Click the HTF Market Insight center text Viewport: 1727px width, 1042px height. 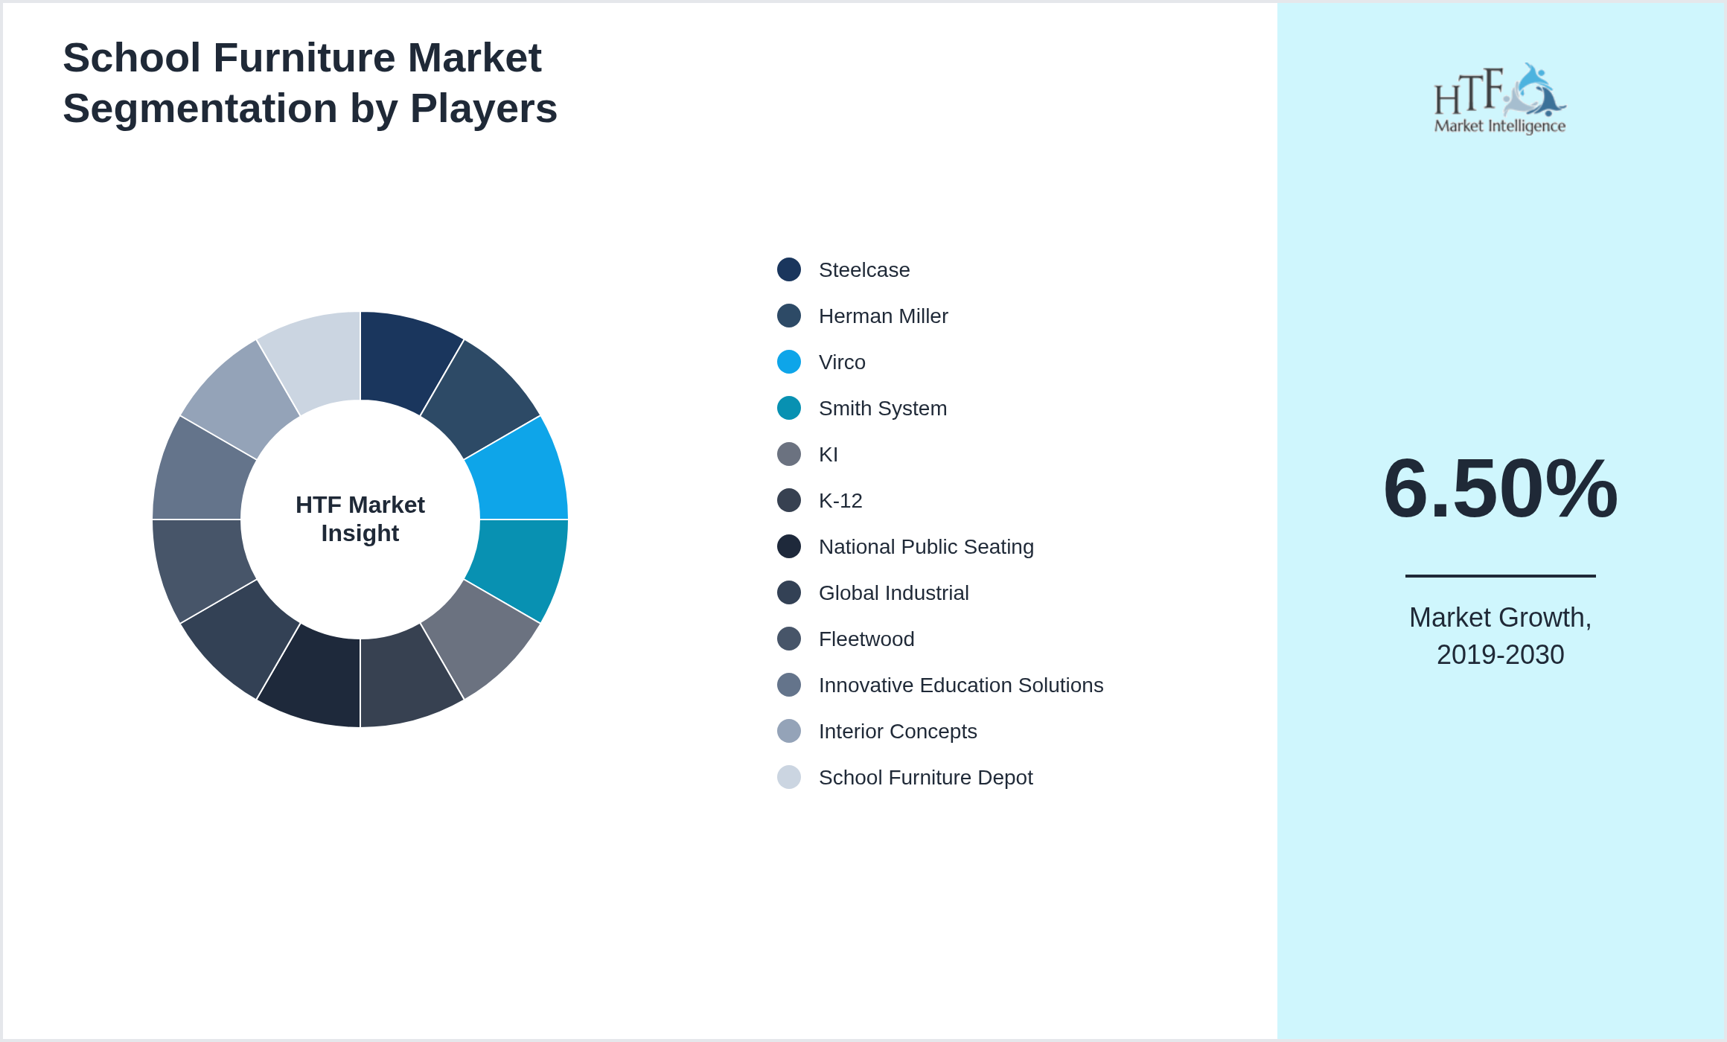(360, 519)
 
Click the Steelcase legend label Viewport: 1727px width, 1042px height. (863, 270)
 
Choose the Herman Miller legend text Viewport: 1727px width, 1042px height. (883, 316)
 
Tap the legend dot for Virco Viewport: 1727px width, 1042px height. (789, 362)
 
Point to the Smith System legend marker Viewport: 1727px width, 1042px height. (789, 409)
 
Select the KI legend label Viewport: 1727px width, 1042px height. (828, 455)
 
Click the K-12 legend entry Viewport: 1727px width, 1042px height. (840, 501)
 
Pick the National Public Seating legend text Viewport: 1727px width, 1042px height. (925, 547)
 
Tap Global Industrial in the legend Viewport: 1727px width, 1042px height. (893, 593)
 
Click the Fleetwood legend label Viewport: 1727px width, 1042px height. (866, 639)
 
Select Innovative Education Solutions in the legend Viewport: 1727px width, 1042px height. (960, 685)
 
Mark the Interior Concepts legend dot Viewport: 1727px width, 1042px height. (789, 732)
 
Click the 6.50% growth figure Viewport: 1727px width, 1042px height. (1500, 489)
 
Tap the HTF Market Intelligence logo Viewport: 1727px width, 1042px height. (1499, 99)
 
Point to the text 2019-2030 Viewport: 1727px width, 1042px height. (1500, 655)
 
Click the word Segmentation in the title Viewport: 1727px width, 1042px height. (200, 109)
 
